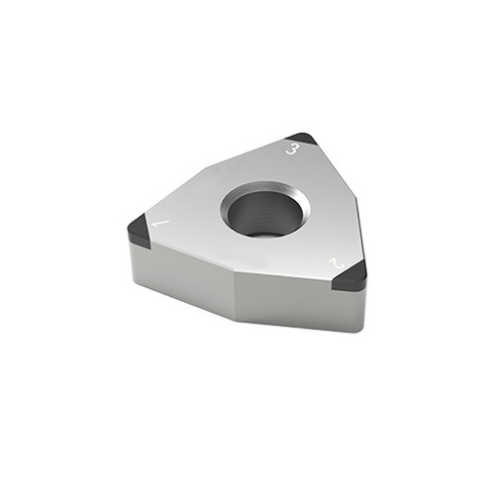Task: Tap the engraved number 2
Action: coord(336,265)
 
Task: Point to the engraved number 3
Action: coord(292,149)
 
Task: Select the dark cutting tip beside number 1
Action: coord(140,229)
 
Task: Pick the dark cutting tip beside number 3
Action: coord(301,140)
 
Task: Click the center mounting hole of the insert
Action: coord(264,212)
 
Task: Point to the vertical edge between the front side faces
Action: coord(235,297)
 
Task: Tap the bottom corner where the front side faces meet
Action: coord(234,319)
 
